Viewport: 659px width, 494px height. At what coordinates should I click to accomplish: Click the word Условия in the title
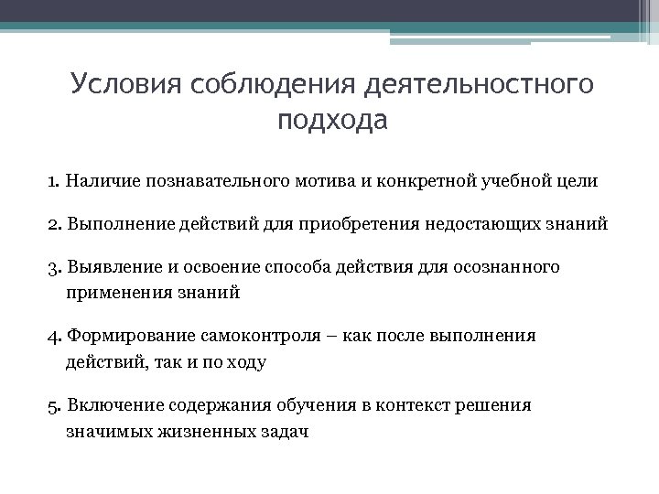(125, 84)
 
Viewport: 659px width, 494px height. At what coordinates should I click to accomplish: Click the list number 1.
(53, 180)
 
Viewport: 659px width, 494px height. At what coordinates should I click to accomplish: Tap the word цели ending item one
(578, 180)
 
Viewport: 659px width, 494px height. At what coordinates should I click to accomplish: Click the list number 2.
(54, 224)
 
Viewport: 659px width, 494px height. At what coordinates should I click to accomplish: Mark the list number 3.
(54, 268)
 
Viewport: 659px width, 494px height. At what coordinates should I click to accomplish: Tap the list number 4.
(54, 337)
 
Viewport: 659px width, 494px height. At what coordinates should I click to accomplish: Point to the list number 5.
(54, 405)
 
